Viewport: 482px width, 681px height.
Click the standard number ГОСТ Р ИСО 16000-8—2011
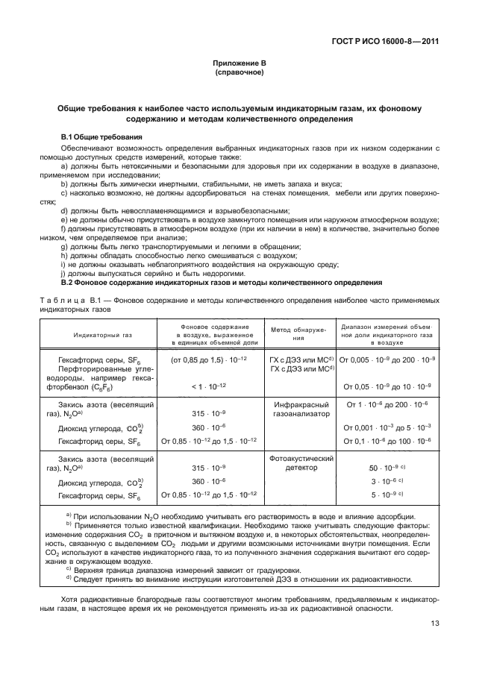coord(390,41)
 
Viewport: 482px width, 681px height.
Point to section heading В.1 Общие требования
coord(101,137)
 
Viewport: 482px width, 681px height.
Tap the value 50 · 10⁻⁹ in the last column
coord(386,467)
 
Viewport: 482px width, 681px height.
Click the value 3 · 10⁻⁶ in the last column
coord(386,481)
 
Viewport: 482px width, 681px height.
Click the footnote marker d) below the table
coord(69,579)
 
